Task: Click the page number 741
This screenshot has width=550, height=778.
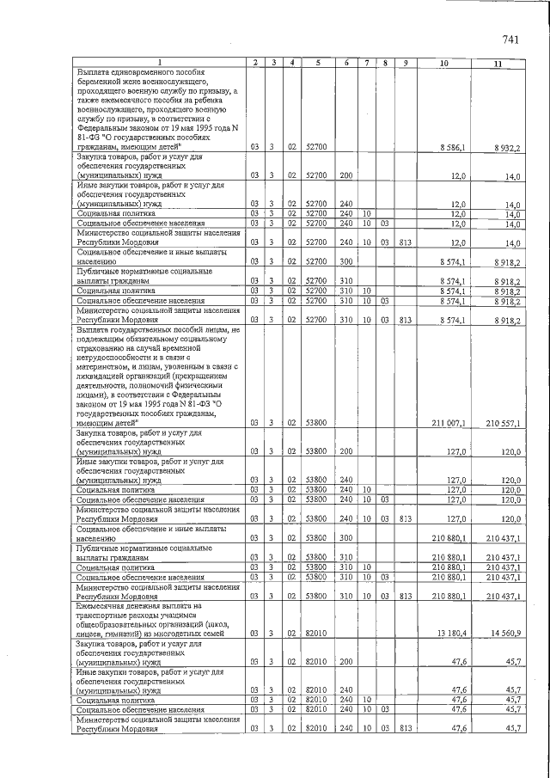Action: coord(513,39)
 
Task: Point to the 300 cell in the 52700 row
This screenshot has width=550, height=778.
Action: coord(346,260)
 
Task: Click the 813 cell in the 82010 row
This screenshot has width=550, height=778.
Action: coord(405,729)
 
